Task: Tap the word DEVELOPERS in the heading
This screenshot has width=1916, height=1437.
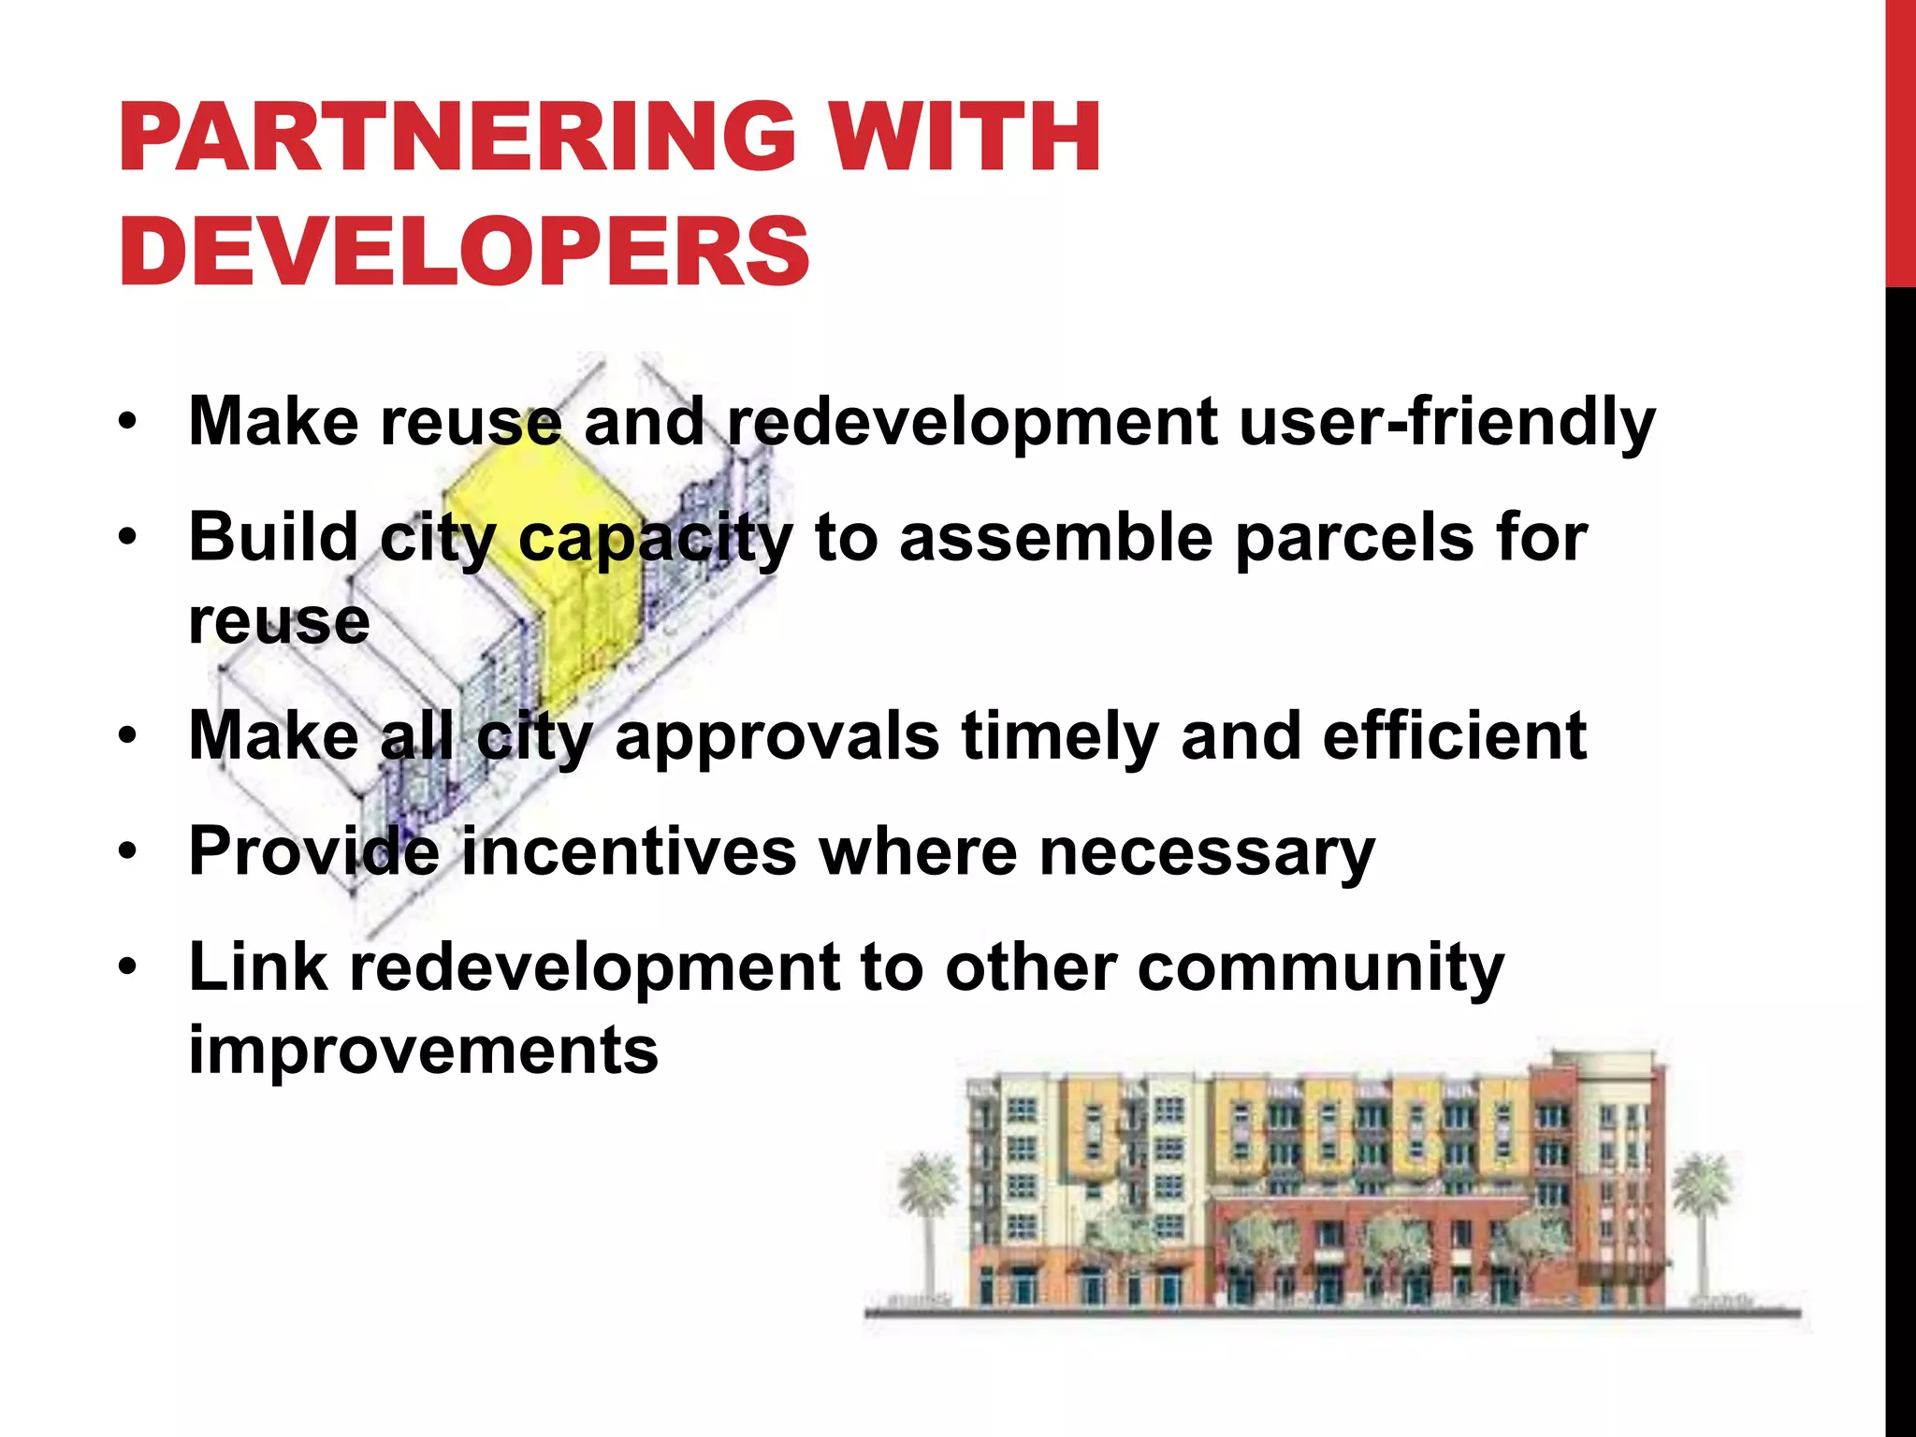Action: (x=464, y=252)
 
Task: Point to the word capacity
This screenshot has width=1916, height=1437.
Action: (x=655, y=540)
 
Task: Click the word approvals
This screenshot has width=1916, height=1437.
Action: (x=777, y=737)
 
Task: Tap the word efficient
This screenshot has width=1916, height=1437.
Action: (x=1454, y=737)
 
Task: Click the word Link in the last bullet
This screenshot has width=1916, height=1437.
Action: (x=257, y=967)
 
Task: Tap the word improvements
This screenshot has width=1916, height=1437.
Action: (x=424, y=1051)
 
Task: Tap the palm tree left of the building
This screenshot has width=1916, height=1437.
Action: (x=928, y=1216)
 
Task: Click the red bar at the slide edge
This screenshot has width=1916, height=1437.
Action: (x=1900, y=140)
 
